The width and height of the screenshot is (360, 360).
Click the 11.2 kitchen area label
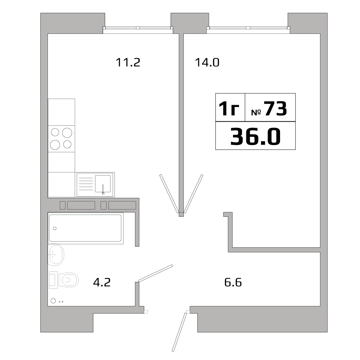click(x=127, y=63)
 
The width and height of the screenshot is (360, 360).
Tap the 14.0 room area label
click(x=207, y=63)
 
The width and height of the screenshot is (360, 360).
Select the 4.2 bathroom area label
click(x=102, y=282)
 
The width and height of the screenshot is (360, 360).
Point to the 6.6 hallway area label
click(x=233, y=282)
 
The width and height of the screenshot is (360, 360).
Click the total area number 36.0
click(x=255, y=137)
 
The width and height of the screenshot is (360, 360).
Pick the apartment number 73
click(x=275, y=109)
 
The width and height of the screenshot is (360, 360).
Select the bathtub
click(x=85, y=228)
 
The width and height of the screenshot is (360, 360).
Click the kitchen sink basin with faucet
click(x=103, y=184)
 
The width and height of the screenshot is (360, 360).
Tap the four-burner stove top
click(x=62, y=139)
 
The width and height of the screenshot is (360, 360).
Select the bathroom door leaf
click(x=156, y=273)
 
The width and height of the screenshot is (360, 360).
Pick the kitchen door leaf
click(x=168, y=194)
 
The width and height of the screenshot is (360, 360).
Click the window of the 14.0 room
click(x=248, y=28)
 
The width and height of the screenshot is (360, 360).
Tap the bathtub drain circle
click(x=55, y=228)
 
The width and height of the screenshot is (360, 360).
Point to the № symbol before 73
click(x=256, y=112)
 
